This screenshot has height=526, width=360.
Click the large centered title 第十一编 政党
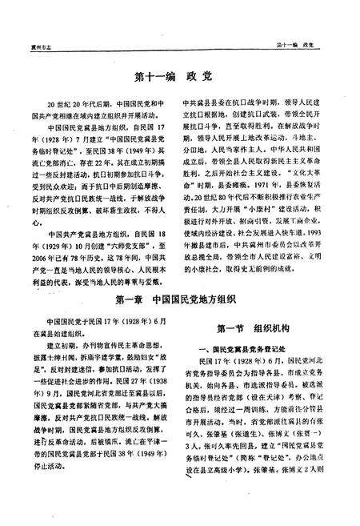tap(180, 80)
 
